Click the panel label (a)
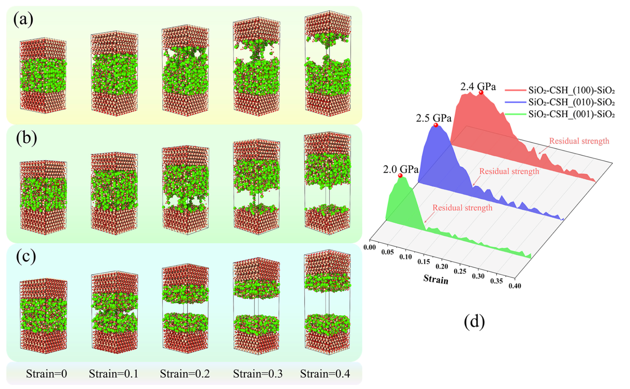tap(23, 20)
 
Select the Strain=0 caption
tap(46, 374)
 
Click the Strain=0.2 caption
tap(185, 374)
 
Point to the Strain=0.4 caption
tap(325, 374)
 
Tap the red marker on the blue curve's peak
tap(436, 125)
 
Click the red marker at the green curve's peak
tap(400, 175)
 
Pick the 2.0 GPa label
tap(400, 169)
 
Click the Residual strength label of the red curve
tap(579, 141)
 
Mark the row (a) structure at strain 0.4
tap(328, 64)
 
